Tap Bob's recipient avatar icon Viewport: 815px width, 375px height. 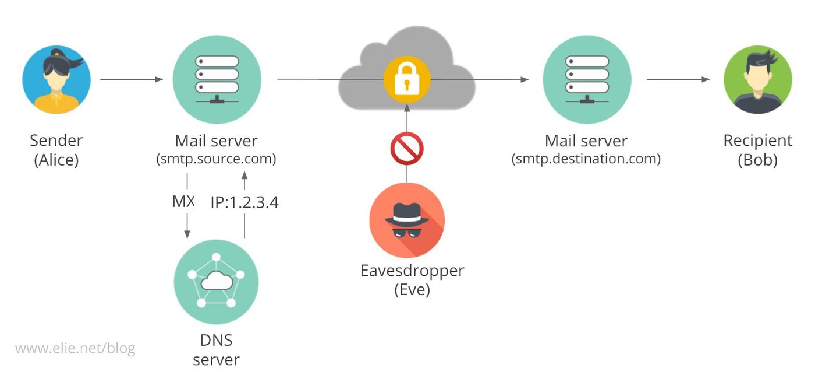tap(757, 79)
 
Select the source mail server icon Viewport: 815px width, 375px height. tap(217, 79)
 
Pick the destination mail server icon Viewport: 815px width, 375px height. tap(587, 79)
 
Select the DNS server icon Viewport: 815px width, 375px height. tap(216, 282)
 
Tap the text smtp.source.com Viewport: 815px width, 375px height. tap(216, 159)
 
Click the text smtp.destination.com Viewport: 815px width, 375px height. tap(586, 159)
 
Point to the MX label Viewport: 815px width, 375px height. tap(183, 202)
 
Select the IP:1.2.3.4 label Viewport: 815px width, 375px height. tap(245, 202)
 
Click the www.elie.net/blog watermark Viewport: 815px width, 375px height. tap(75, 349)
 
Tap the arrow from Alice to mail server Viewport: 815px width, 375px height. tap(131, 79)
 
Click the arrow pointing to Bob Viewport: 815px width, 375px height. tap(678, 79)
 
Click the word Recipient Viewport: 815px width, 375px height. tap(757, 141)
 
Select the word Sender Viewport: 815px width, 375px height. tap(56, 141)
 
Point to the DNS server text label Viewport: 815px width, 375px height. tap(216, 349)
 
